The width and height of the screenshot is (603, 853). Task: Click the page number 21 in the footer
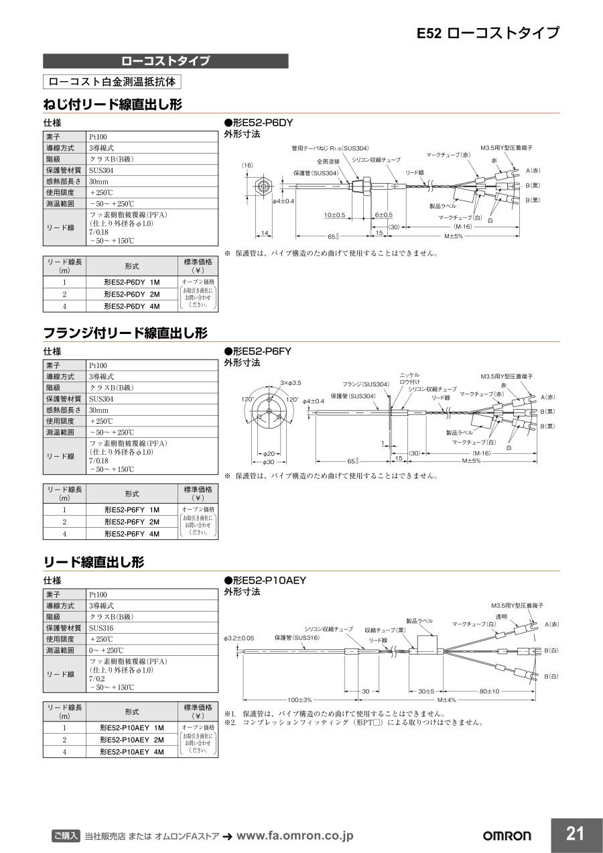coord(575,834)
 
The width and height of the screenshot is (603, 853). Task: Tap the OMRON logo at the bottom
coord(507,836)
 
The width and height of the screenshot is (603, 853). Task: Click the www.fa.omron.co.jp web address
coord(295,836)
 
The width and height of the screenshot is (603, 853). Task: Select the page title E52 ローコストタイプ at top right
coord(488,33)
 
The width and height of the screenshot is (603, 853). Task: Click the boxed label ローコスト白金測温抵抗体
coord(112,82)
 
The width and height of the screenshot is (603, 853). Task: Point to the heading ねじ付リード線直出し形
coord(112,104)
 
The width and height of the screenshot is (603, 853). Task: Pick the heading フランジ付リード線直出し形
coord(125,333)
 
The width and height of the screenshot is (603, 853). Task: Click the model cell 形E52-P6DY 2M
coord(131,294)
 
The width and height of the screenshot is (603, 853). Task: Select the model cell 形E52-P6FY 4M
coord(131,534)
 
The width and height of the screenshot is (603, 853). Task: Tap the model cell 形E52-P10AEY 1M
coord(131,728)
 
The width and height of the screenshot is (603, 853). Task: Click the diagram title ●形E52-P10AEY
coord(264,580)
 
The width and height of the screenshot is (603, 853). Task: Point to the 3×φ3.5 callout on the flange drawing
coord(290,383)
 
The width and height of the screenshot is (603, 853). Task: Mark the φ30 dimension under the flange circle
coord(268,462)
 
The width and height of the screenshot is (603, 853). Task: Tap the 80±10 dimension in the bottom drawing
coord(489,691)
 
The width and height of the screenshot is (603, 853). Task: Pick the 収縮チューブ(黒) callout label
coord(385,630)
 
